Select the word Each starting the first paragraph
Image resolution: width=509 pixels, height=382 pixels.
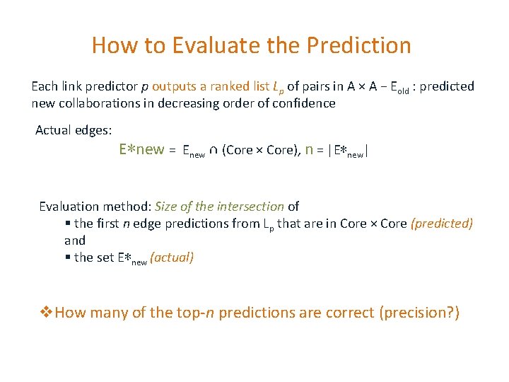[x=44, y=86]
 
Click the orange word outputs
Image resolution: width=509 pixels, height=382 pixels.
[x=175, y=86]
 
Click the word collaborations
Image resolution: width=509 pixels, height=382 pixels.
[x=98, y=103]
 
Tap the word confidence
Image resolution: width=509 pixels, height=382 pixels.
[x=303, y=103]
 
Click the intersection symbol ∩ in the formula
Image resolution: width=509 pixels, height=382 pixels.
[x=213, y=150]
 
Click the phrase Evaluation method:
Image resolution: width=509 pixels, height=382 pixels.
[x=95, y=207]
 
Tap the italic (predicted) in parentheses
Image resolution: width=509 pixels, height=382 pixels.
[x=442, y=224]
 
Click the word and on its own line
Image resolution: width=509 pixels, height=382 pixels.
[x=75, y=241]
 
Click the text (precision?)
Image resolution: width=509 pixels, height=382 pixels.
[x=419, y=313]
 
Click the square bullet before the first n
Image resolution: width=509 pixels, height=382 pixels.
[x=67, y=224]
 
